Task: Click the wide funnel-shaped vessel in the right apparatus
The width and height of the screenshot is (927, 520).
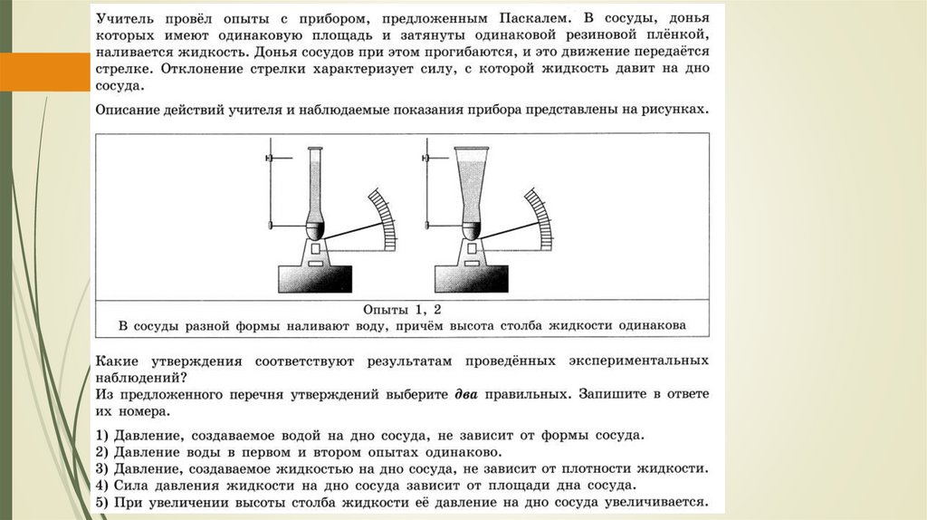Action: [473, 186]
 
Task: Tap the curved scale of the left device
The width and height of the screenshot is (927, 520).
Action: [382, 217]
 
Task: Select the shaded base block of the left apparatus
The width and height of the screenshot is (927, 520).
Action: [314, 275]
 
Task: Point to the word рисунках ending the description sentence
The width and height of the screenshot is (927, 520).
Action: [673, 109]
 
